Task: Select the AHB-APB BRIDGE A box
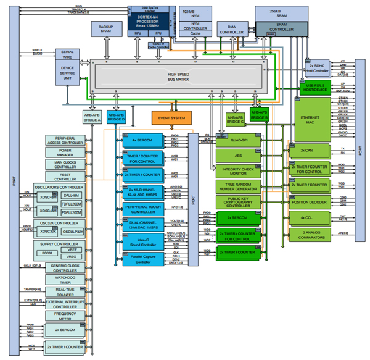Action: [x=91, y=115]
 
